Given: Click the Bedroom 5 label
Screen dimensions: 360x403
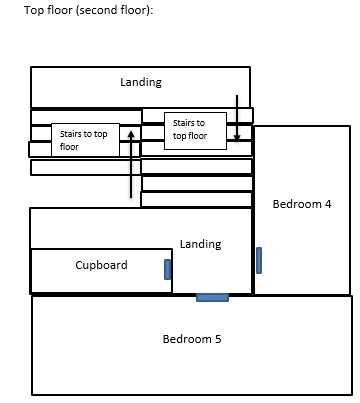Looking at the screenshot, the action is point(192,339).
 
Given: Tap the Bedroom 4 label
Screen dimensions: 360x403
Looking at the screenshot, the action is point(302,204).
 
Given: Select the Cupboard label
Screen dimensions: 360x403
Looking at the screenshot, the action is point(101,265).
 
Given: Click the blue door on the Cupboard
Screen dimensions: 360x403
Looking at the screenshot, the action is point(168,269).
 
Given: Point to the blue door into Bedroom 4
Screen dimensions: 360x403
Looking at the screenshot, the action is point(259,260).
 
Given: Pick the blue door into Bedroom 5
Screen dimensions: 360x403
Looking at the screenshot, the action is point(212,297).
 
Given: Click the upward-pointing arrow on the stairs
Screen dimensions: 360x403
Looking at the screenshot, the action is point(131,164).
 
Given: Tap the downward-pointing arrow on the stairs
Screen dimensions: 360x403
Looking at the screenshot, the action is point(237,118).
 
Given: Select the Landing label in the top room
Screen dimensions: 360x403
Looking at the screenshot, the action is point(141,82).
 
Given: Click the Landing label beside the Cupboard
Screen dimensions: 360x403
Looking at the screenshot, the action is point(200,244).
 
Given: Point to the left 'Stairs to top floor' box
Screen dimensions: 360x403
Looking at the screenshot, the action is point(85,140).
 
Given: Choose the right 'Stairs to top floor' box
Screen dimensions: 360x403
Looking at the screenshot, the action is point(195,131).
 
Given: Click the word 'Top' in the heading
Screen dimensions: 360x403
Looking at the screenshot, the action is point(34,10).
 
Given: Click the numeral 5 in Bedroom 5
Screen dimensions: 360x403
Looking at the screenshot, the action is point(218,339).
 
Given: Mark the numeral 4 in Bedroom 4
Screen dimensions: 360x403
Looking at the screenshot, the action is point(328,204).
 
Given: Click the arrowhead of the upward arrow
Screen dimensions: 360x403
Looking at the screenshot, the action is point(131,134).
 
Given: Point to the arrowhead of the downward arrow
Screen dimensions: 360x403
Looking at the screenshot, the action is point(237,138).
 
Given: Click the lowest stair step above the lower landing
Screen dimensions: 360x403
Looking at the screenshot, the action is point(196,199).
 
